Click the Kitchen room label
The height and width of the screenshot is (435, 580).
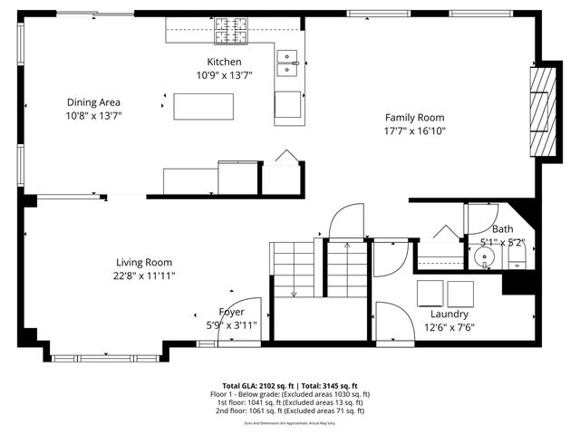[x=223, y=62]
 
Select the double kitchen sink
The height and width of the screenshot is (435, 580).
[x=289, y=61]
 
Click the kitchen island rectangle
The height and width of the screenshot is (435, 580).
[x=204, y=106]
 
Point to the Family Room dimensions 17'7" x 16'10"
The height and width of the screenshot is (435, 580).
[x=415, y=130]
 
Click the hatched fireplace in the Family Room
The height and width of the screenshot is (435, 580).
[x=539, y=112]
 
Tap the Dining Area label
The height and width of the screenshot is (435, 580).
[x=93, y=102]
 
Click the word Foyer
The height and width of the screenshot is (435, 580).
[x=232, y=312]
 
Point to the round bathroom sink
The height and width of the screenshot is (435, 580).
[x=487, y=257]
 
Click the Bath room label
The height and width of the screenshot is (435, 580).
[x=502, y=229]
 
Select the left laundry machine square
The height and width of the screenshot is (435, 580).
[x=430, y=294]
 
